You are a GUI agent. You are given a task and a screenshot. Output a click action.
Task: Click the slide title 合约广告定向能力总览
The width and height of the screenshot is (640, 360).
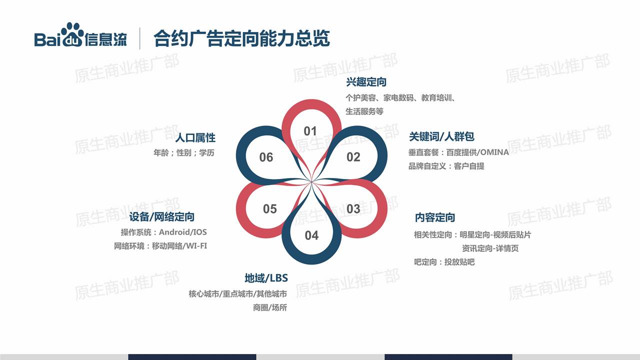tap(241, 38)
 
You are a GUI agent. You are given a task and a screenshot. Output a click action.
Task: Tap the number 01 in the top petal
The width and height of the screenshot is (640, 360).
tap(310, 131)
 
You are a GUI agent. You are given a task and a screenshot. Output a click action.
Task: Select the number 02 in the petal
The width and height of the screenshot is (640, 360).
tap(353, 157)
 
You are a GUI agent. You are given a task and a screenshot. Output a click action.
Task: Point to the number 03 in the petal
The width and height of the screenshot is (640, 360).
tap(353, 209)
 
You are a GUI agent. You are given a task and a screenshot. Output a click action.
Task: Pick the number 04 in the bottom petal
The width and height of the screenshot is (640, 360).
tap(311, 235)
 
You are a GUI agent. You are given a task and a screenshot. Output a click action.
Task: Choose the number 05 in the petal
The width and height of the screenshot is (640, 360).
tap(270, 209)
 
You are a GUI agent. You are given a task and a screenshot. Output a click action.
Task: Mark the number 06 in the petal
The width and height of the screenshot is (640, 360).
tap(266, 157)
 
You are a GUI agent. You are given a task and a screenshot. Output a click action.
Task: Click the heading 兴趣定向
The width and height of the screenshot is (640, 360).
tap(366, 82)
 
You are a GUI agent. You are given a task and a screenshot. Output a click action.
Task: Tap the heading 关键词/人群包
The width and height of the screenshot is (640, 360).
tap(441, 136)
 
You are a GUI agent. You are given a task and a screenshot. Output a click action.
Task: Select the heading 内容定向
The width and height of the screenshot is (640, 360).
tap(435, 217)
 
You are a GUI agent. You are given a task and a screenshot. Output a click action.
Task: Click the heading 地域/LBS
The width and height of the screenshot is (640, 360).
tap(266, 277)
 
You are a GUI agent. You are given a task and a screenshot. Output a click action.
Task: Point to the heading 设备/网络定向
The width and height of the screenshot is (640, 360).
tap(161, 217)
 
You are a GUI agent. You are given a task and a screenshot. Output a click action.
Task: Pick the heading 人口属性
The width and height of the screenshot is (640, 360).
tap(195, 137)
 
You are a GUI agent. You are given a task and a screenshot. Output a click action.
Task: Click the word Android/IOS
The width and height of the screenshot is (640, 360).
tap(183, 232)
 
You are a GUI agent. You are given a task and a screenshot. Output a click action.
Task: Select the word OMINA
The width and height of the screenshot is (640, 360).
tap(494, 152)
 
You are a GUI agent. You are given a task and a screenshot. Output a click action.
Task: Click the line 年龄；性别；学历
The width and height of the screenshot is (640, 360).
tap(183, 152)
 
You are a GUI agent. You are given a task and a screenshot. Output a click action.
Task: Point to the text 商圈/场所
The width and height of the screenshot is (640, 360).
tap(270, 307)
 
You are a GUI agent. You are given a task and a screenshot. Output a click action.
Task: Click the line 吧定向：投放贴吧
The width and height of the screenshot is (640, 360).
tap(444, 261)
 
